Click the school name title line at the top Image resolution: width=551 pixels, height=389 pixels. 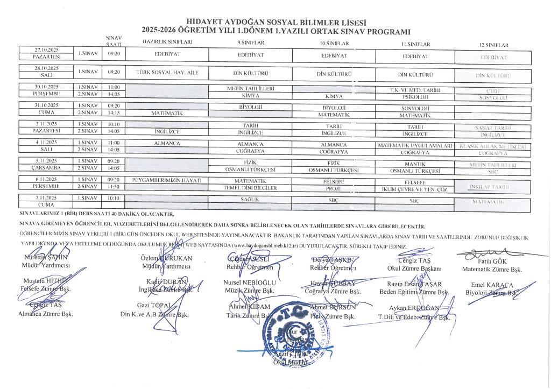click(275, 22)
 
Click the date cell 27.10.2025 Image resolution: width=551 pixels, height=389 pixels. click(46, 49)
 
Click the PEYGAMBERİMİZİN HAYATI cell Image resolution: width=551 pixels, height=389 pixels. click(166, 180)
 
